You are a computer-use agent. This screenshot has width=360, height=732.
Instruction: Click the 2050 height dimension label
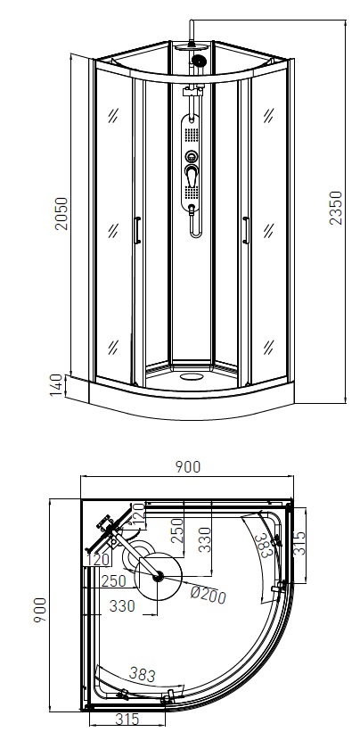coord(61,213)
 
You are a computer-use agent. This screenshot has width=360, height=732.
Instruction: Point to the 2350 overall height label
coord(336,208)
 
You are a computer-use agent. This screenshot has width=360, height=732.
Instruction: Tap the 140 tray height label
coord(56,385)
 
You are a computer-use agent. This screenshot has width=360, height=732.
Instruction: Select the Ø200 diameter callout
coord(209,594)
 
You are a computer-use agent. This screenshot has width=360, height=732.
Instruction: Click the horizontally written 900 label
coord(187,467)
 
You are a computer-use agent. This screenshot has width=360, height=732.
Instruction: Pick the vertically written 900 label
coord(40,610)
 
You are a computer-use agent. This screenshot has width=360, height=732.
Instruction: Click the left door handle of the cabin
coord(136,230)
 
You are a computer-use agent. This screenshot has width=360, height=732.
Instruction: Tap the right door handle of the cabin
coord(246,230)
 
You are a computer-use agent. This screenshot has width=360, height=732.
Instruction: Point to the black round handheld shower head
coord(199,61)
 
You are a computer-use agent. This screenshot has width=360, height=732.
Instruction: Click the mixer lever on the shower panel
coord(192,176)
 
